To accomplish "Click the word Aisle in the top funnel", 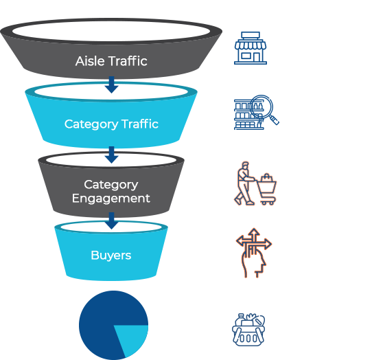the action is click(x=90, y=61).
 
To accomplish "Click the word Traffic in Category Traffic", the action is click(x=140, y=124).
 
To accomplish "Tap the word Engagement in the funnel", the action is click(x=111, y=199).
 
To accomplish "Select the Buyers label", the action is click(x=111, y=256).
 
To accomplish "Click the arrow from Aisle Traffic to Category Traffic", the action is click(x=111, y=85).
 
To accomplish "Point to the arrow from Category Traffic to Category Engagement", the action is click(x=111, y=155).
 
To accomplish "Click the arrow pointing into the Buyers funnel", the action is click(x=111, y=221).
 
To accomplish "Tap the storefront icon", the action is click(x=251, y=48).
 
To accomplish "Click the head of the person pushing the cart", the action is click(x=245, y=166).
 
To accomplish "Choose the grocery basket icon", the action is click(x=248, y=330).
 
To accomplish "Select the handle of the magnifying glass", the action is click(x=275, y=120).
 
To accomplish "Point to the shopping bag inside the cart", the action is click(x=267, y=177).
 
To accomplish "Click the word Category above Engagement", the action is click(x=111, y=185).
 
